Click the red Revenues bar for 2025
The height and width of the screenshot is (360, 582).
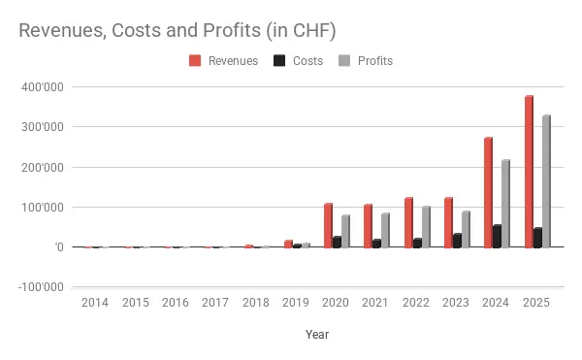[529, 172]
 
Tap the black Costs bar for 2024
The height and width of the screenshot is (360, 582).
[498, 237]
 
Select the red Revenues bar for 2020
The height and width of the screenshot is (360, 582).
[327, 225]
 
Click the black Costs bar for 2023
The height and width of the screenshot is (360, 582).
[457, 241]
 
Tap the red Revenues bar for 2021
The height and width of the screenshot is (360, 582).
[368, 226]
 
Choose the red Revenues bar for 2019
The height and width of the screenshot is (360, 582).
[287, 244]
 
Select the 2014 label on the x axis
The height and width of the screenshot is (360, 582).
[95, 303]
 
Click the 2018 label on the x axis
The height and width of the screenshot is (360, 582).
[256, 303]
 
